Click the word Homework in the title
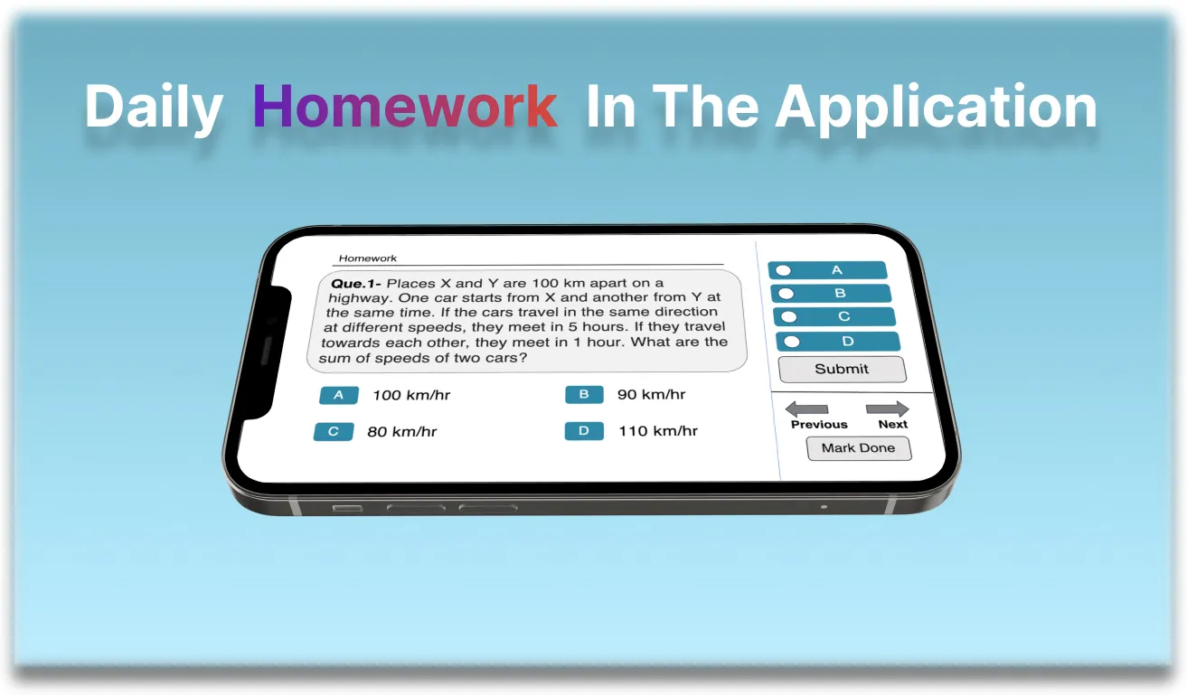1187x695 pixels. coord(404,107)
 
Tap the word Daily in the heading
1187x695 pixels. coord(154,107)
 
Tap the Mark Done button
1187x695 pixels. coord(858,448)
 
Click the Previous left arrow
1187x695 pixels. coord(806,409)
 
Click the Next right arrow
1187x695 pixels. coord(887,409)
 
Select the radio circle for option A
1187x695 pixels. coord(783,270)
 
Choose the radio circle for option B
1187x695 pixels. coord(787,294)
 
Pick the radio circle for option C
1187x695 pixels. coord(789,317)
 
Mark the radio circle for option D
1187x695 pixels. coord(793,342)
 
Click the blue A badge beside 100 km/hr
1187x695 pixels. coord(339,395)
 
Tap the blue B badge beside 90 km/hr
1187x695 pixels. coord(584,395)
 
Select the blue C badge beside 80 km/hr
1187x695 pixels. coord(333,432)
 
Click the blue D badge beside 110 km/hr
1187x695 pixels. coord(583,431)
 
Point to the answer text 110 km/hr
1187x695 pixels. coord(658,431)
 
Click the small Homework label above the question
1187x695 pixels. coord(368,258)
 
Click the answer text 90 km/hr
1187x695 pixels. coord(651,395)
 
